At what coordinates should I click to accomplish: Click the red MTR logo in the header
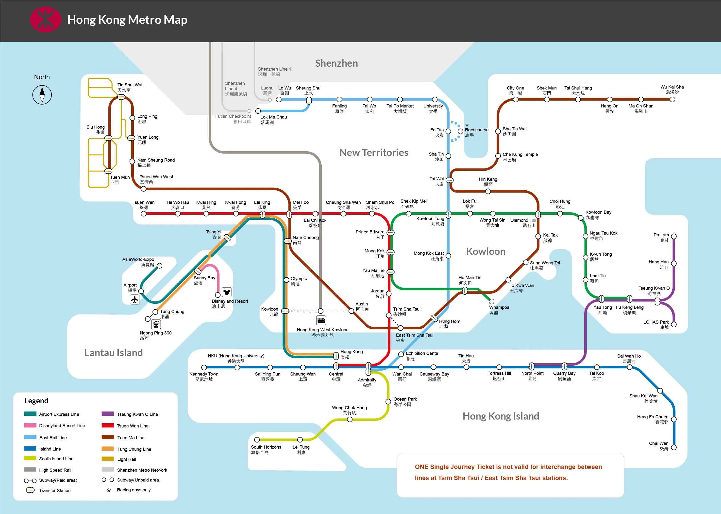45,20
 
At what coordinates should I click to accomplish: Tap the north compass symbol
42,95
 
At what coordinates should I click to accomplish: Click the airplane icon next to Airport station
135,299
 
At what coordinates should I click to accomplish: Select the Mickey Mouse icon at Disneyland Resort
227,292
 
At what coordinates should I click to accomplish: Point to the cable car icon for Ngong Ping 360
156,324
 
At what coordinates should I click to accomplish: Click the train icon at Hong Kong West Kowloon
321,320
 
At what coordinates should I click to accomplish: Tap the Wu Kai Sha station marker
672,99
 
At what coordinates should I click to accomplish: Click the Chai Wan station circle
674,447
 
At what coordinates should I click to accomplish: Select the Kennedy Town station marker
204,367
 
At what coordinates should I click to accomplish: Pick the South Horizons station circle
257,440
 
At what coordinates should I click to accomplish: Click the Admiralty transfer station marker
368,368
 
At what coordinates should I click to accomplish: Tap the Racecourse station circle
460,131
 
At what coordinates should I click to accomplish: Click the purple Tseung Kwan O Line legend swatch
108,414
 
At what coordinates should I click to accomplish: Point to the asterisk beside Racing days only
109,490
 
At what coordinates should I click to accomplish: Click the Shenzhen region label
336,63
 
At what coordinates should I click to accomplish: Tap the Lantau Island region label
114,353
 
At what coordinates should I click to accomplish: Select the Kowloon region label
486,251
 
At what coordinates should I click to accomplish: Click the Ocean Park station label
405,402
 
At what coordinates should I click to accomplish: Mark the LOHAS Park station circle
674,324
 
